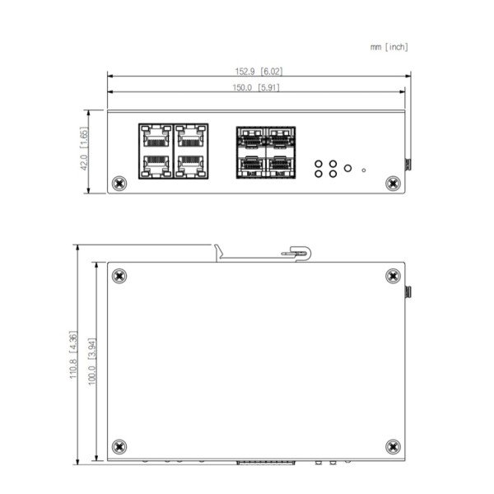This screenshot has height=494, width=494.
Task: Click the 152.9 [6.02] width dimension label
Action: click(x=258, y=72)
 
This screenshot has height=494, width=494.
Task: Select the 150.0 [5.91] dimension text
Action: click(x=258, y=87)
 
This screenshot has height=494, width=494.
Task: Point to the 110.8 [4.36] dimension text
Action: click(x=73, y=358)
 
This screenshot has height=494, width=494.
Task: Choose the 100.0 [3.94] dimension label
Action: click(x=91, y=358)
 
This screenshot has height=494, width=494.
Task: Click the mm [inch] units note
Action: click(x=389, y=47)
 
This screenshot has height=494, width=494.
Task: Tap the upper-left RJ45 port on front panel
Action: click(x=155, y=134)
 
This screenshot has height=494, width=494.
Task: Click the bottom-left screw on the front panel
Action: click(x=120, y=182)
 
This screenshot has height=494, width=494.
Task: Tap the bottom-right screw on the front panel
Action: click(x=391, y=182)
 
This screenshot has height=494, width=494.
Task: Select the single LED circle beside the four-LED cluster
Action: click(x=347, y=168)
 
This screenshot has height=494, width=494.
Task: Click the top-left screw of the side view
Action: click(x=120, y=276)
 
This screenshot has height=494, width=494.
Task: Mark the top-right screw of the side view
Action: click(x=391, y=276)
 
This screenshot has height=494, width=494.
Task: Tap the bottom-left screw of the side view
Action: click(x=120, y=447)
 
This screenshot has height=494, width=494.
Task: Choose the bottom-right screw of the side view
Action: click(x=391, y=447)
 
